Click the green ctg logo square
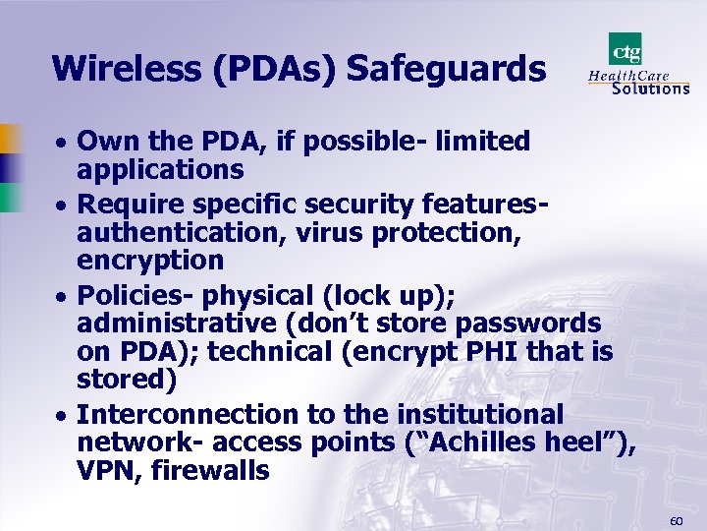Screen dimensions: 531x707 point(625,49)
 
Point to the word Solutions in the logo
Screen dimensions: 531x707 point(650,88)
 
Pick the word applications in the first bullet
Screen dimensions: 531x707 point(160,170)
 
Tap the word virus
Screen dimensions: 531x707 point(330,232)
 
